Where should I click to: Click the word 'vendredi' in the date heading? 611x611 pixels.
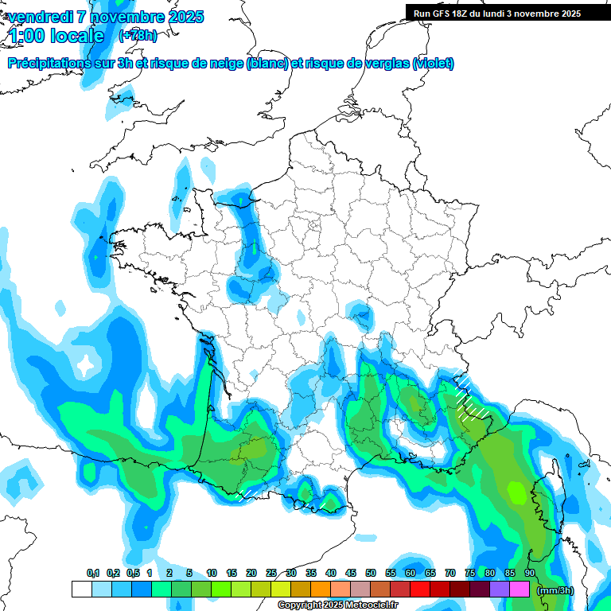click(x=40, y=17)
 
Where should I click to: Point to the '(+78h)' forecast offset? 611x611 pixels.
click(x=138, y=36)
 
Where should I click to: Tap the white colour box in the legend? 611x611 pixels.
click(x=81, y=590)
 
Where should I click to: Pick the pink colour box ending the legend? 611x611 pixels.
click(x=520, y=590)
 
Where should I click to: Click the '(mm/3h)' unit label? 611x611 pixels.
click(x=555, y=590)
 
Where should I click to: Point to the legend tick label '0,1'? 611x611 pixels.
click(x=93, y=574)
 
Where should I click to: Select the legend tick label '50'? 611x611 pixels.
click(x=371, y=574)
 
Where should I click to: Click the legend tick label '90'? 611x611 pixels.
click(x=530, y=574)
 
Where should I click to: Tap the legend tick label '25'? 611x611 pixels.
click(x=271, y=574)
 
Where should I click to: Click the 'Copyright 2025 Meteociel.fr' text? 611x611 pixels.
click(x=337, y=605)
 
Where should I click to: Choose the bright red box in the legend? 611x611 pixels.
click(x=419, y=590)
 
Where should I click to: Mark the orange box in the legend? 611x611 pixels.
click(x=320, y=590)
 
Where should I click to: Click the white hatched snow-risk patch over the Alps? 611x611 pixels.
click(x=473, y=398)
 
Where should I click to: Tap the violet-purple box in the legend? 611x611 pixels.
click(x=500, y=590)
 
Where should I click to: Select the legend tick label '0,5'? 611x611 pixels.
click(x=132, y=574)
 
